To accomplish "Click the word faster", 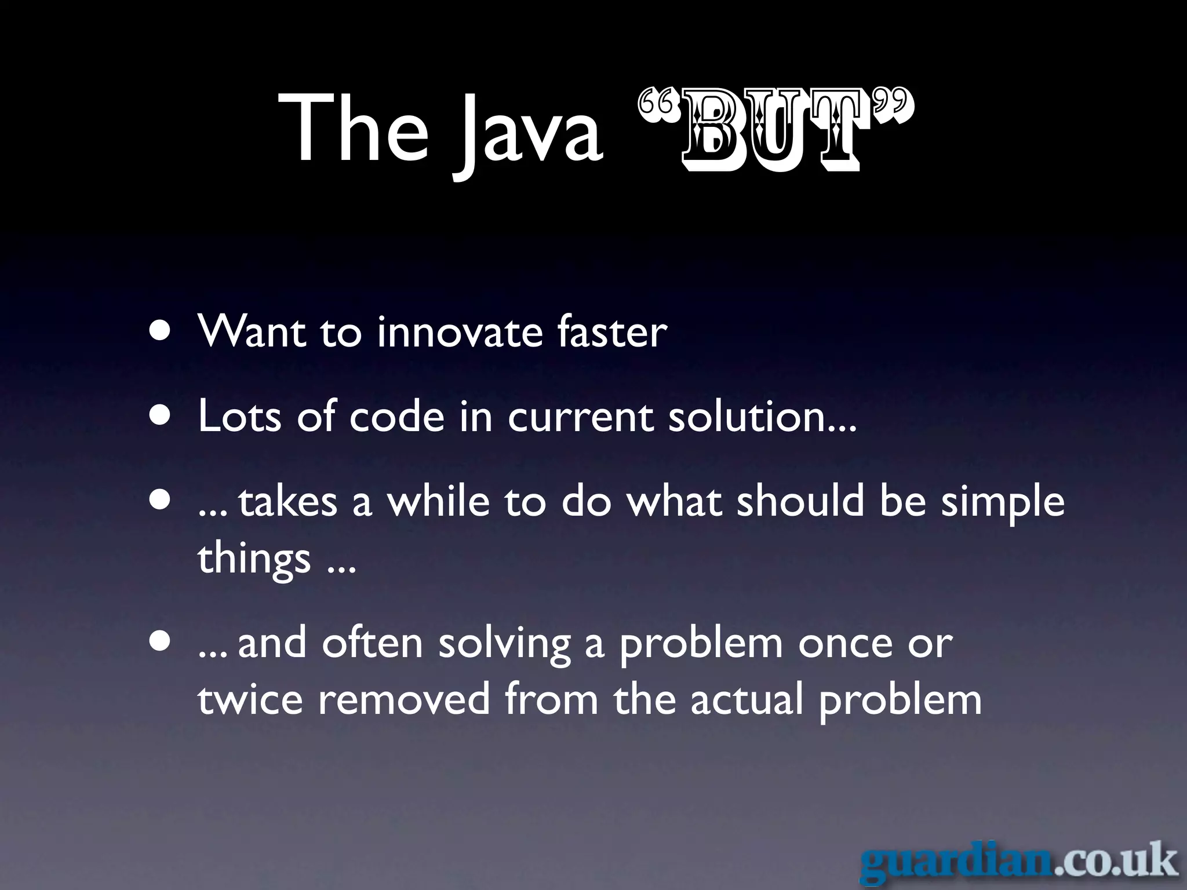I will [x=612, y=333].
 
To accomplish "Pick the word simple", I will [x=1003, y=503].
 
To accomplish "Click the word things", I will [x=254, y=559].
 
